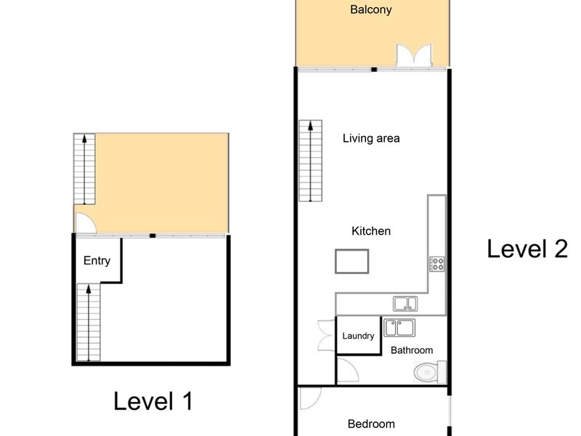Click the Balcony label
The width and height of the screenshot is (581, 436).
tap(370, 9)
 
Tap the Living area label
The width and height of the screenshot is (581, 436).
tap(371, 139)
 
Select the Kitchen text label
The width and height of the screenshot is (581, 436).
tap(371, 231)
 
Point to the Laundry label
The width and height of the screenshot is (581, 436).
tap(358, 336)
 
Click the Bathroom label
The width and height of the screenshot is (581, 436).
tap(412, 350)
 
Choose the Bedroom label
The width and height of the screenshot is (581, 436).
tap(371, 424)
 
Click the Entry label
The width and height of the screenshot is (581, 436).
tap(97, 261)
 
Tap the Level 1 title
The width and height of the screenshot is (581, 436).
tap(153, 401)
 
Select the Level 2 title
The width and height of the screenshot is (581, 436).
tap(527, 249)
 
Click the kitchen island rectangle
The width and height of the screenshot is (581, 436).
tap(352, 262)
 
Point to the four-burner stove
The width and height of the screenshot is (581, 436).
tap(437, 264)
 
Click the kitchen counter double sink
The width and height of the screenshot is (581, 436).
tap(405, 304)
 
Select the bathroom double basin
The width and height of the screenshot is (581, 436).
tap(399, 328)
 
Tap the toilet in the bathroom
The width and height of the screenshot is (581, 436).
tap(430, 372)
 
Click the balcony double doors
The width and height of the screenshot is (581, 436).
tap(414, 56)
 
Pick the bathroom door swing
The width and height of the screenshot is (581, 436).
tap(347, 370)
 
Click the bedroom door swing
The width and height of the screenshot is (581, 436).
tap(310, 398)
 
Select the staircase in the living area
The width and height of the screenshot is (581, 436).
tap(311, 161)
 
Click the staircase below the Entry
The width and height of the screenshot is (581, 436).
tap(88, 322)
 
